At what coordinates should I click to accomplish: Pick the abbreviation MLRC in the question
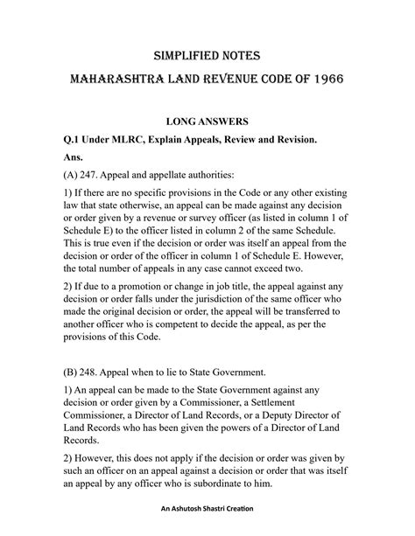pyautogui.click(x=130, y=136)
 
